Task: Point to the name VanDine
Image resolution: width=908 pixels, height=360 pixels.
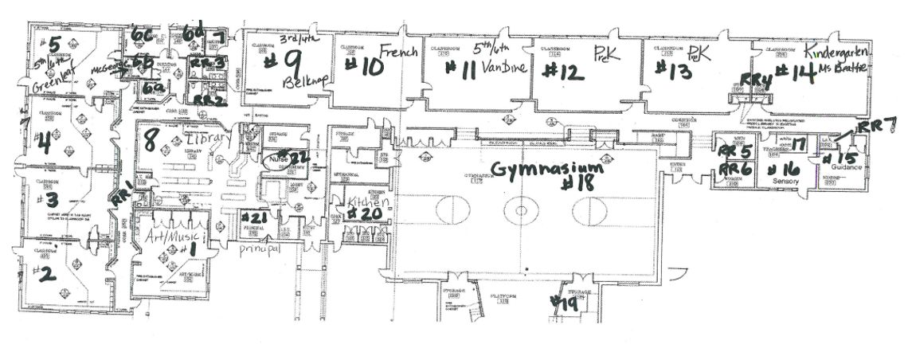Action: point(505,68)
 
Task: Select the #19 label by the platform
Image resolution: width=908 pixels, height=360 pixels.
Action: point(566,302)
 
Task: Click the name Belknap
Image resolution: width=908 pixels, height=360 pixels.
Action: point(299,82)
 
